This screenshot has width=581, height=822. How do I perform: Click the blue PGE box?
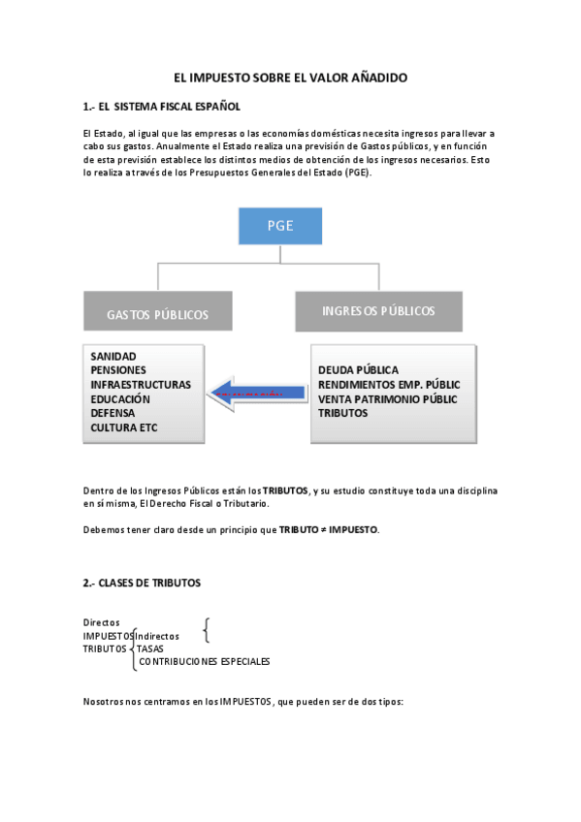pyautogui.click(x=280, y=226)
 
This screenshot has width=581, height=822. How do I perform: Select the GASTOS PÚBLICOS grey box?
pyautogui.click(x=157, y=314)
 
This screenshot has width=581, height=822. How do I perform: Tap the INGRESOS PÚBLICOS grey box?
pyautogui.click(x=377, y=311)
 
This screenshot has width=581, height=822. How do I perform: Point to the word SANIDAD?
pyautogui.click(x=113, y=357)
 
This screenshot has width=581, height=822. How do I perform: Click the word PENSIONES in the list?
pyautogui.click(x=117, y=370)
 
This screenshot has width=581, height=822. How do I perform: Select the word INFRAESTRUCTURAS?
pyautogui.click(x=140, y=385)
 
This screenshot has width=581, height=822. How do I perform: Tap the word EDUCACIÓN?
pyautogui.click(x=120, y=398)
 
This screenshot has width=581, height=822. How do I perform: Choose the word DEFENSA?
pyautogui.click(x=113, y=413)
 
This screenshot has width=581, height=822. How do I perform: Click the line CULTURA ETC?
pyautogui.click(x=123, y=427)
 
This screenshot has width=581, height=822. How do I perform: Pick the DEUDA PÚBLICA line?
pyautogui.click(x=358, y=370)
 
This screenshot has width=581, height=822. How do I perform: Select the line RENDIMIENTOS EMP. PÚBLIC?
pyautogui.click(x=389, y=385)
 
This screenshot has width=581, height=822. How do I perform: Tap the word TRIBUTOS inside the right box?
pyautogui.click(x=342, y=413)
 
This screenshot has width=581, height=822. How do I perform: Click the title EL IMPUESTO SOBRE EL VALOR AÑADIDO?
pyautogui.click(x=290, y=77)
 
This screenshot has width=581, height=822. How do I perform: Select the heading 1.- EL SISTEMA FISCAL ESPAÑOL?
pyautogui.click(x=162, y=106)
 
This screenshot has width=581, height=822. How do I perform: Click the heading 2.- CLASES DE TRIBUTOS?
pyautogui.click(x=142, y=583)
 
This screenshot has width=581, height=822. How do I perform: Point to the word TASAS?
pyautogui.click(x=149, y=648)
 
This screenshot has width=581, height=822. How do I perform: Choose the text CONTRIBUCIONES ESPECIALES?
pyautogui.click(x=205, y=662)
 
